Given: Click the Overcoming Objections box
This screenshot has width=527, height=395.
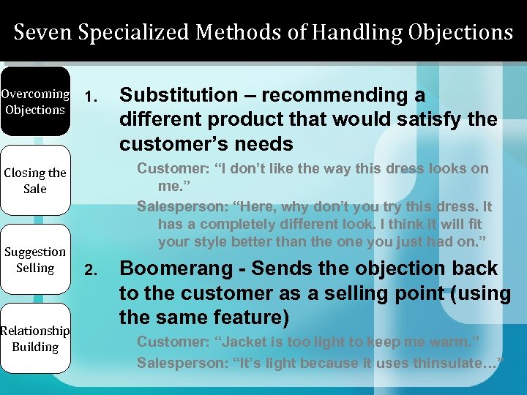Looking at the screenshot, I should [35, 102].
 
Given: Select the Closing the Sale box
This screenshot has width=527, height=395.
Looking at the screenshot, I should [35, 181].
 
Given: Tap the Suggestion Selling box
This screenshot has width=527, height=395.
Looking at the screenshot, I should [35, 260].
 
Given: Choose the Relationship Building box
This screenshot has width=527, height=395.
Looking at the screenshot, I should [35, 339].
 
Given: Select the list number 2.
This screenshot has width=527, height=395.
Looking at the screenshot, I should [89, 271].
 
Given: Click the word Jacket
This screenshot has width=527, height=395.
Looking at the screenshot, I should [239, 342].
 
